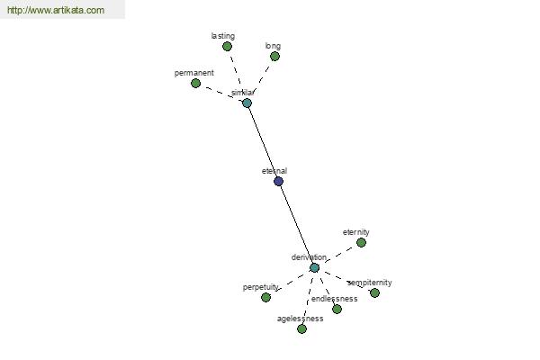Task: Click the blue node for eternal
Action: click(278, 181)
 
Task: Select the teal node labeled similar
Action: click(247, 103)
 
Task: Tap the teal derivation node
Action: click(314, 267)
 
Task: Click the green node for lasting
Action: click(227, 47)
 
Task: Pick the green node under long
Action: click(274, 56)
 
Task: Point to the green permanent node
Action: click(195, 84)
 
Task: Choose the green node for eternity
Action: click(361, 242)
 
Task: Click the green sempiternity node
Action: click(374, 292)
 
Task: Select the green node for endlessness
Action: click(337, 309)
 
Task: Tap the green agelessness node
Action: click(301, 329)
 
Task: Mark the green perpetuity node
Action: click(265, 297)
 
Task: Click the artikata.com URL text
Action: click(56, 10)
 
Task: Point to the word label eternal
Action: click(274, 171)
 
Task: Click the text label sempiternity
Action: click(370, 283)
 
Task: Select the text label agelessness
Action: click(301, 319)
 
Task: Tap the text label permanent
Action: click(194, 73)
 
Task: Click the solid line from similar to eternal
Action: click(263, 142)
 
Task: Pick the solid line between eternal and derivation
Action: click(296, 225)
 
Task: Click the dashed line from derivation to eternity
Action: click(337, 256)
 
